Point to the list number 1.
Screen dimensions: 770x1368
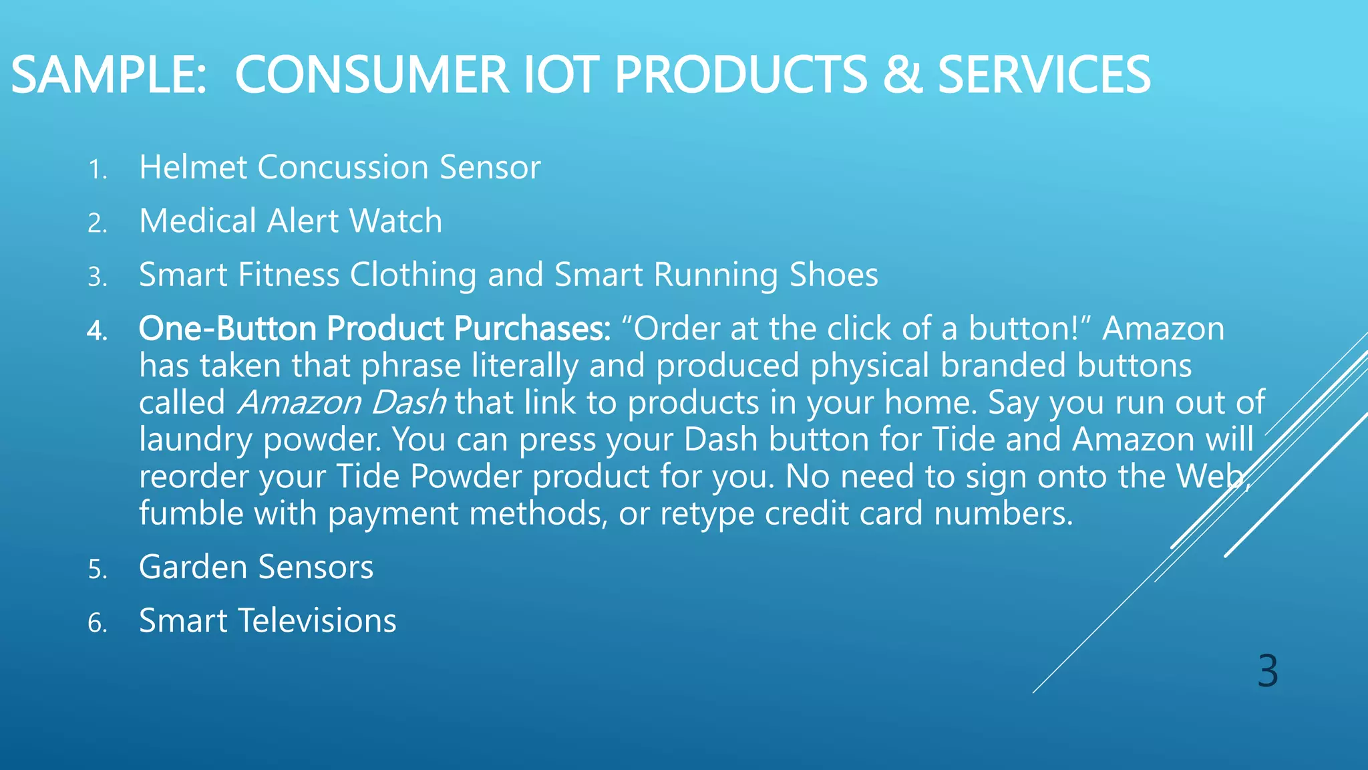click(97, 170)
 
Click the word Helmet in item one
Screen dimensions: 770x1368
click(193, 167)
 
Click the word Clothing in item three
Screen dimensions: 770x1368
click(413, 275)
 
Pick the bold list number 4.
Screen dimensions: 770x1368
click(97, 331)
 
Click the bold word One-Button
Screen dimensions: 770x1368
click(227, 329)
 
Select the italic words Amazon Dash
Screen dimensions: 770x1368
click(342, 403)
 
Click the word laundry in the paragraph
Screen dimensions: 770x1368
click(195, 440)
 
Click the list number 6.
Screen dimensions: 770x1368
click(97, 624)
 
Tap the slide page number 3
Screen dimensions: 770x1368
click(1267, 671)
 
